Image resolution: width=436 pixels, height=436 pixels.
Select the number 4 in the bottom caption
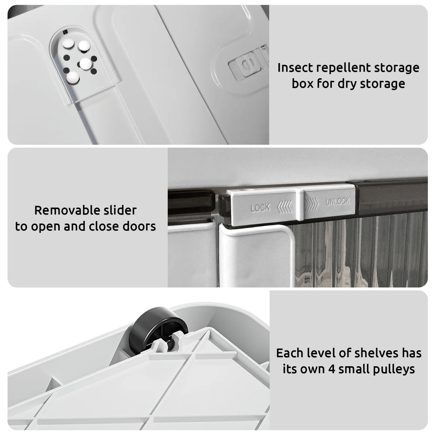point(331,369)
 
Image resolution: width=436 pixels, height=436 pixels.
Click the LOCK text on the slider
point(260,207)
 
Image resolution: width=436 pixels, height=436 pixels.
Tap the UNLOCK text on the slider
point(337,201)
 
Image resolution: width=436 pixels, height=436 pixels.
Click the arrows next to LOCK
point(284,207)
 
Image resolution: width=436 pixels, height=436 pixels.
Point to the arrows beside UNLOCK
point(311,204)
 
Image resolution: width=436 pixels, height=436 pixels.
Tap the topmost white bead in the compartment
point(68,43)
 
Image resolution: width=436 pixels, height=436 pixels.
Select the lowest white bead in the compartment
point(73,77)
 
